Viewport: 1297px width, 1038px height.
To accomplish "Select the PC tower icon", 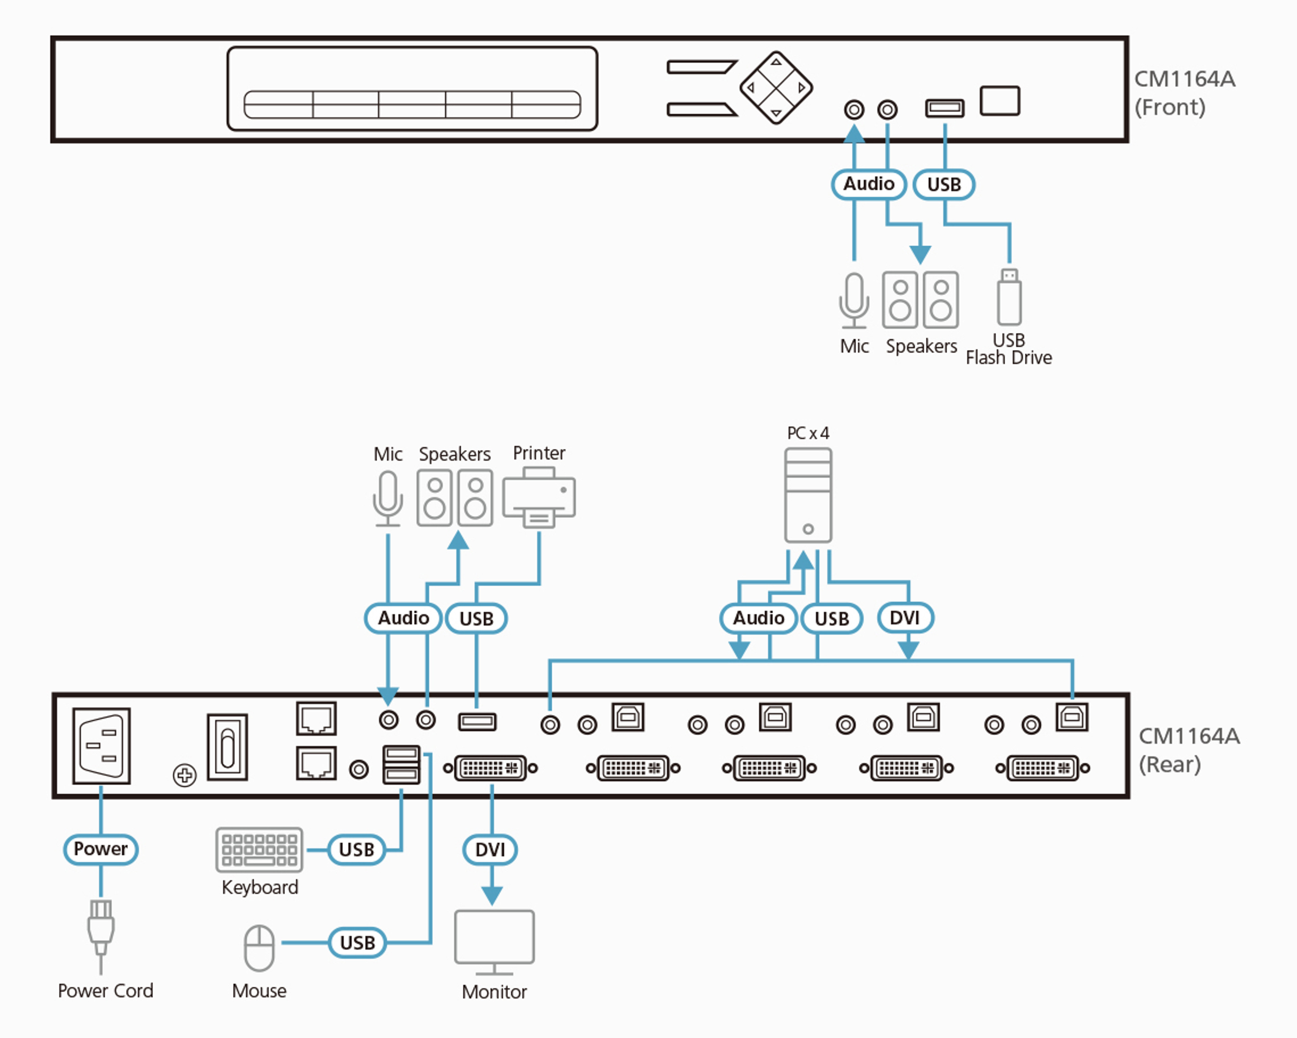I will (x=808, y=495).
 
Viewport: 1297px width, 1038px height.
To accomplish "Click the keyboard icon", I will (x=259, y=849).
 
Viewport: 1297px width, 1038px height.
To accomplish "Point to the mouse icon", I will (x=259, y=948).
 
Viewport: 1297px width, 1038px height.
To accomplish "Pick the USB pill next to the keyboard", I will (x=357, y=849).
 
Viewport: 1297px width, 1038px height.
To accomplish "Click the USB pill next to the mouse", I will (x=357, y=942).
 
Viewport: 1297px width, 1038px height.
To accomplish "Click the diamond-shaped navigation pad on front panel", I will (x=776, y=88).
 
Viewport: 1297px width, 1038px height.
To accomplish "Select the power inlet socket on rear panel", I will (x=101, y=746).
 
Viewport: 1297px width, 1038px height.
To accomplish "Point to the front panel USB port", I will (x=944, y=108).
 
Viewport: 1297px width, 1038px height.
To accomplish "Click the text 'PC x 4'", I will (x=808, y=433).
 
